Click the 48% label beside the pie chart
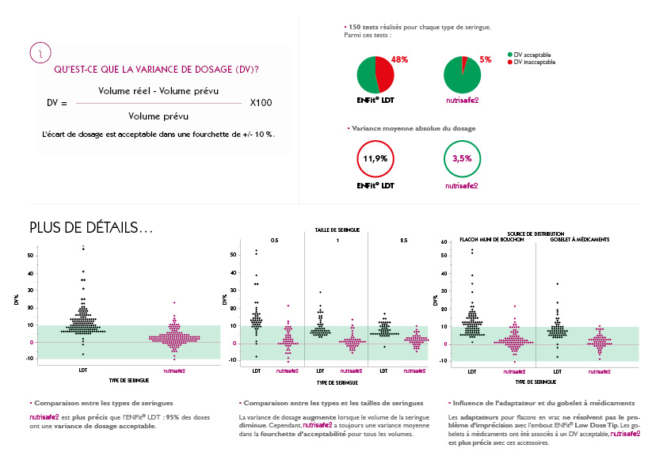click(x=399, y=59)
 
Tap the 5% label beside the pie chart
click(x=486, y=59)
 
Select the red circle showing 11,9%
click(x=375, y=158)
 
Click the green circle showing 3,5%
click(x=462, y=158)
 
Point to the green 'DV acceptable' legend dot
click(x=509, y=55)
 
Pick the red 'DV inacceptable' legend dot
click(x=509, y=61)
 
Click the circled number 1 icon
click(x=40, y=53)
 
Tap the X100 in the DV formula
click(x=261, y=103)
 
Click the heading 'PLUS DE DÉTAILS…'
click(x=91, y=228)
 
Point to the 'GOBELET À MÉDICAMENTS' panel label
click(x=581, y=239)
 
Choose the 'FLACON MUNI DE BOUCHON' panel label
click(x=492, y=239)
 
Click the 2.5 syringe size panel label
click(x=403, y=239)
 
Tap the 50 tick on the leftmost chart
click(x=31, y=256)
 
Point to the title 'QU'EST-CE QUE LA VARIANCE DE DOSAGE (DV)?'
click(x=156, y=70)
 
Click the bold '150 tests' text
click(x=363, y=28)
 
